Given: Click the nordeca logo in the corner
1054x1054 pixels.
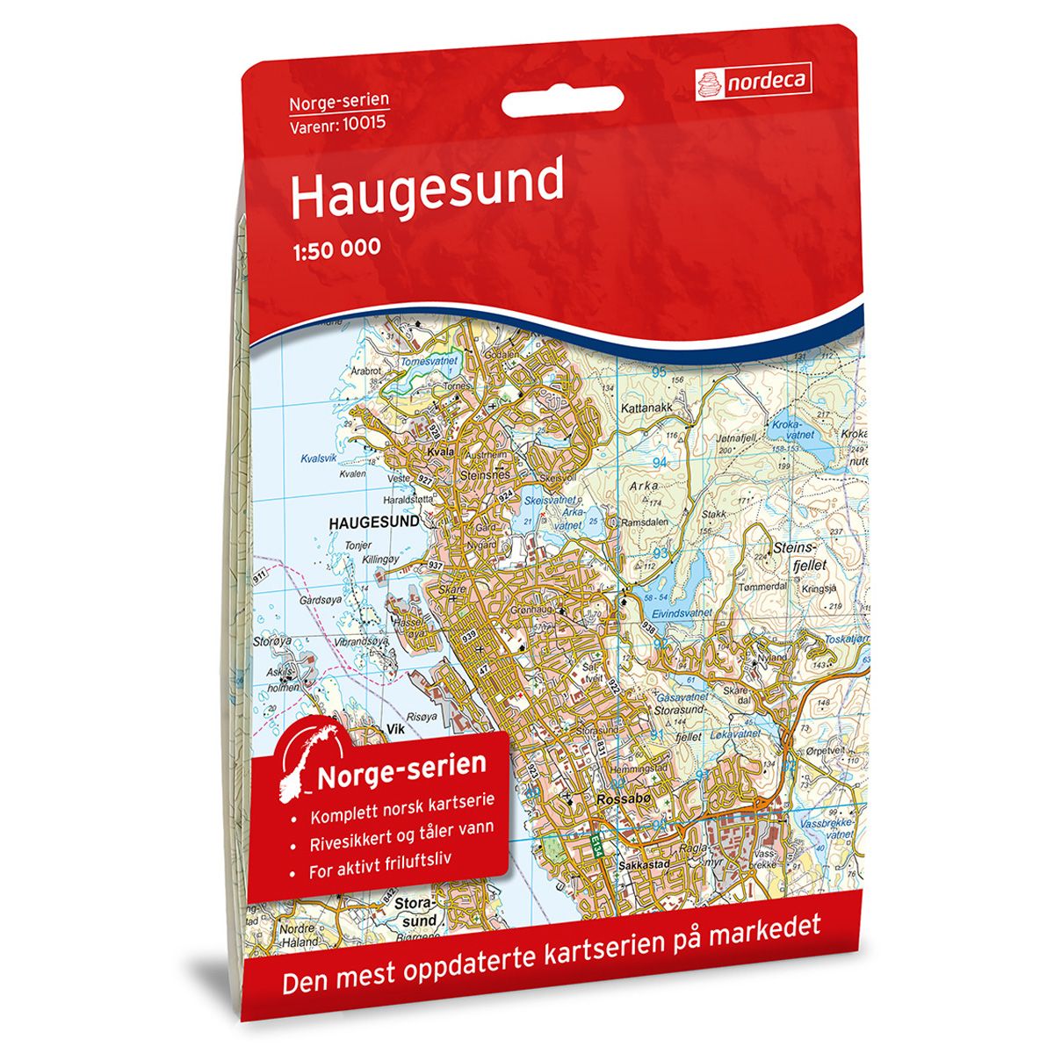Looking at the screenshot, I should click(752, 83).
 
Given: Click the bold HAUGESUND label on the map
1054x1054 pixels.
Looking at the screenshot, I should click(373, 522).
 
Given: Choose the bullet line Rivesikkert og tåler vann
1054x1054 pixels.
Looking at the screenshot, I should click(401, 827).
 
